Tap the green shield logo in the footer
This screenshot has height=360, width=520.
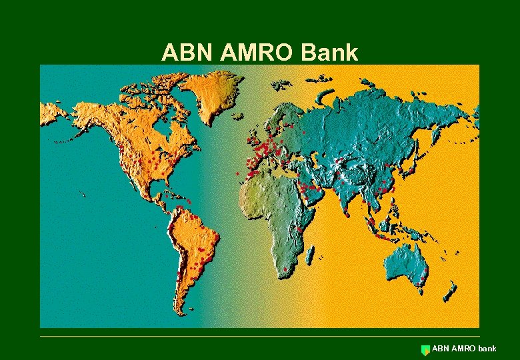click(425, 349)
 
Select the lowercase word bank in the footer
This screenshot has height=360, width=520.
click(487, 349)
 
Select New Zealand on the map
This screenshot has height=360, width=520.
click(451, 290)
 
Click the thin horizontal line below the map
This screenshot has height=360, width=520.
click(260, 336)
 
